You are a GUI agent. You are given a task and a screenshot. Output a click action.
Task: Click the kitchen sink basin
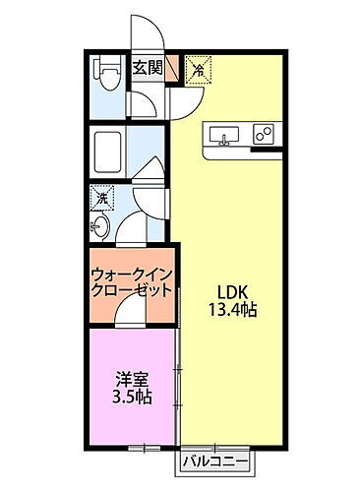222,135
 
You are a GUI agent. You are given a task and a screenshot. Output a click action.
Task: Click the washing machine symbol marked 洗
101,199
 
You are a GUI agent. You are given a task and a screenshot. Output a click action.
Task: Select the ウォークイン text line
132,274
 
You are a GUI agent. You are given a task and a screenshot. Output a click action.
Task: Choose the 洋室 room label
130,379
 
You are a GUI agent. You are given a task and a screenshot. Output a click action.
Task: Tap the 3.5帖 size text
130,398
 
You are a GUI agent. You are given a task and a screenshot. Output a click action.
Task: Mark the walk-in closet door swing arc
130,312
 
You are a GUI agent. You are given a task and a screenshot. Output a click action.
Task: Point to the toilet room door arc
143,100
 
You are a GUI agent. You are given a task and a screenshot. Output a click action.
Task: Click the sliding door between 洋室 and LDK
178,384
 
